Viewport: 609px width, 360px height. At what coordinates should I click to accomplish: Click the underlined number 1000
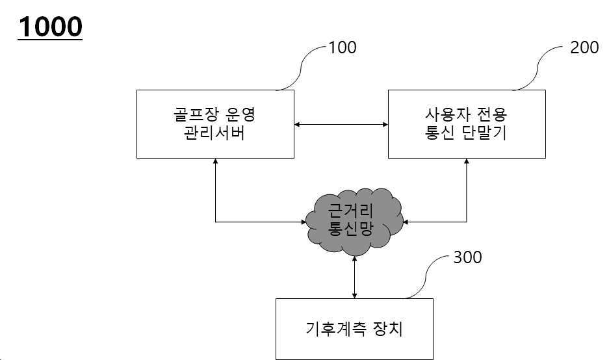[x=50, y=27]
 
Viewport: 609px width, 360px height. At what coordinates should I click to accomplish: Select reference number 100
[x=343, y=47]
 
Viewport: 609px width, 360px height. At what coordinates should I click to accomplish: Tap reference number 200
[x=584, y=47]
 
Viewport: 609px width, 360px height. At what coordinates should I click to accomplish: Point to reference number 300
[x=467, y=257]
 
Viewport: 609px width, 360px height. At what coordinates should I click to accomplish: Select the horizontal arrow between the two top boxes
[x=341, y=123]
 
